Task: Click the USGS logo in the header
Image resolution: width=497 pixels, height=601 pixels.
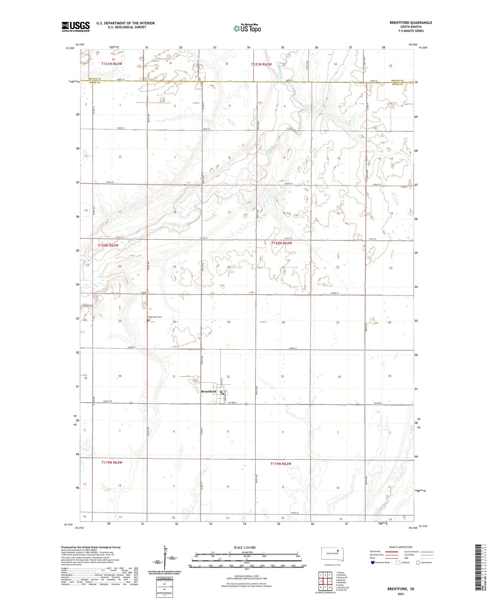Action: pos(76,27)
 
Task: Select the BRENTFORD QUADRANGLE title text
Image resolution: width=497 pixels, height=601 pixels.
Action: pos(411,23)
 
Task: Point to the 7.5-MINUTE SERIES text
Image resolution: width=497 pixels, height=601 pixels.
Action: pos(411,31)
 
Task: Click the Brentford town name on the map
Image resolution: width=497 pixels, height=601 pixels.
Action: pos(208,391)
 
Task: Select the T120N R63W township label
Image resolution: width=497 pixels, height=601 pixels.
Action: pos(108,245)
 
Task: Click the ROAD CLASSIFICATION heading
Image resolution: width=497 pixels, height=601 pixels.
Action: pos(401,547)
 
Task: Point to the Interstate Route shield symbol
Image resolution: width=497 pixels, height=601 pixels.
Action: pos(373,563)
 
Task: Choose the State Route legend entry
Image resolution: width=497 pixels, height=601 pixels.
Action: pos(424,563)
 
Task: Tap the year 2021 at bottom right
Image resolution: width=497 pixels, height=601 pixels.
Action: pos(401,594)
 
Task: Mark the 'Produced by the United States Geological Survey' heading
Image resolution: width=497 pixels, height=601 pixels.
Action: pos(91,547)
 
